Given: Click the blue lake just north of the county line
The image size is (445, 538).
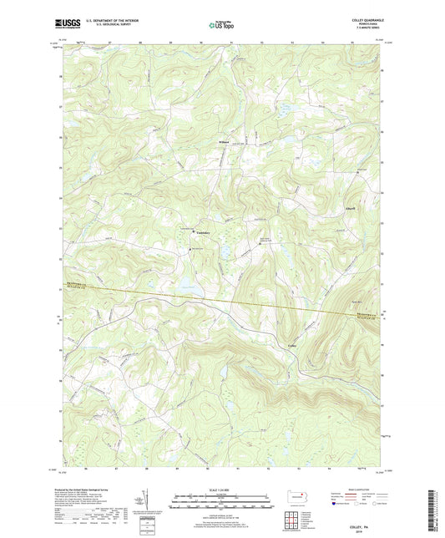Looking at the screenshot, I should point(189,289).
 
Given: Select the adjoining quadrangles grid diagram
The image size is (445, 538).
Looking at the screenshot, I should point(297,520).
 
